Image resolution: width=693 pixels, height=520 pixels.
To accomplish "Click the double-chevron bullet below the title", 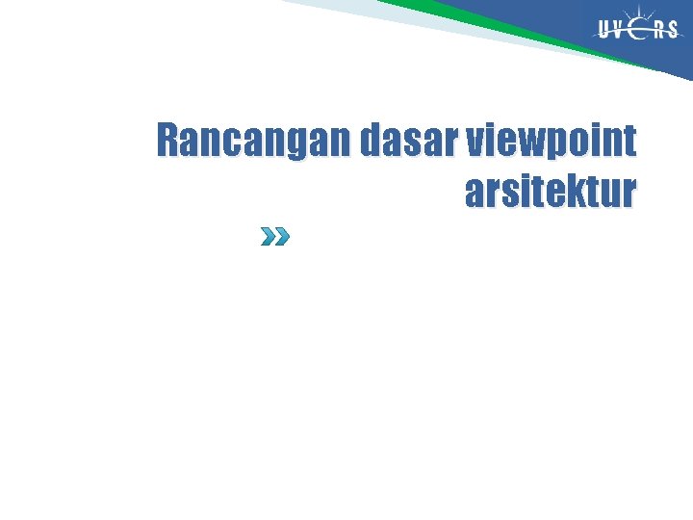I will tap(274, 237).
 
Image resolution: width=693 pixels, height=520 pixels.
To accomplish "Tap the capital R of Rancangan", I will tap(169, 142).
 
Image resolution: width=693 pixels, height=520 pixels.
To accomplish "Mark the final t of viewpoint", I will tap(629, 143).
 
